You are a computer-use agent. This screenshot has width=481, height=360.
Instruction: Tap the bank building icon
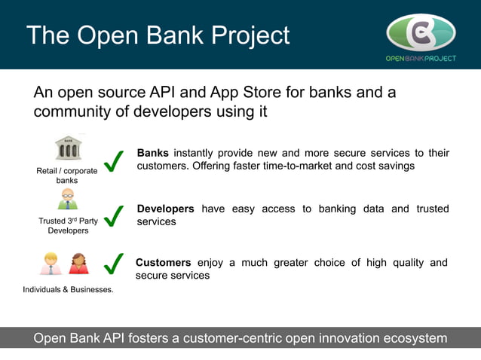pyautogui.click(x=68, y=148)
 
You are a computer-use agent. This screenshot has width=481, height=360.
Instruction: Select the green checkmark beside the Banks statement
pyautogui.click(x=113, y=160)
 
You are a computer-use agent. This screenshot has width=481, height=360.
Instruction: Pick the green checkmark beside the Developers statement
pyautogui.click(x=113, y=215)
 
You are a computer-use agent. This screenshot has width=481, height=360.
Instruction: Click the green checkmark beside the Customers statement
pyautogui.click(x=113, y=264)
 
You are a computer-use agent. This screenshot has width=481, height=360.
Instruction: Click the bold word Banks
pyautogui.click(x=152, y=153)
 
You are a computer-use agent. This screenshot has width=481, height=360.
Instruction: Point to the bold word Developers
pyautogui.click(x=165, y=209)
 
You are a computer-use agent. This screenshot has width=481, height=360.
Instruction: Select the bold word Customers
pyautogui.click(x=163, y=262)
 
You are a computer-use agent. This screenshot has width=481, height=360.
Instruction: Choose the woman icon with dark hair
pyautogui.click(x=78, y=264)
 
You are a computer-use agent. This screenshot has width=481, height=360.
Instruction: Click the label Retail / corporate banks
pyautogui.click(x=66, y=175)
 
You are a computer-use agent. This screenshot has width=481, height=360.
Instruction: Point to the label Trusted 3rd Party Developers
pyautogui.click(x=68, y=226)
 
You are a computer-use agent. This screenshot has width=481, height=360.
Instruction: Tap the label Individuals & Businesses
pyautogui.click(x=68, y=289)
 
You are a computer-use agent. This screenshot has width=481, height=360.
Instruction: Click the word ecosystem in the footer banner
pyautogui.click(x=408, y=338)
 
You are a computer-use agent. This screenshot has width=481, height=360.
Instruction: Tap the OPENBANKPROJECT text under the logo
pyautogui.click(x=421, y=58)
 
